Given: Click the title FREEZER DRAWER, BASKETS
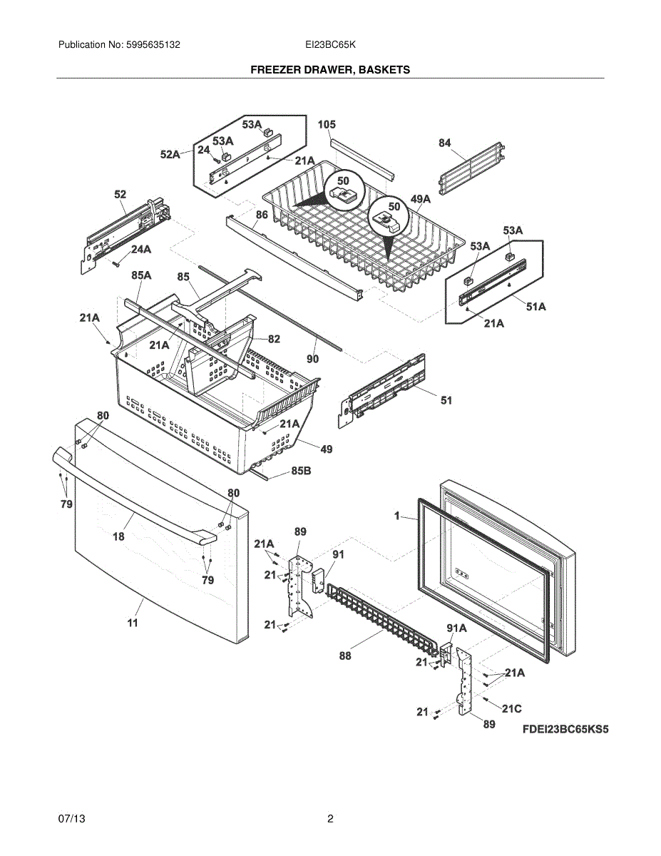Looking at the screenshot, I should (x=329, y=70).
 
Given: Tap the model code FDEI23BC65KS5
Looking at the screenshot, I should (x=565, y=730).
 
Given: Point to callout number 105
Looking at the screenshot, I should (x=326, y=125).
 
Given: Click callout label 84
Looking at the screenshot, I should (x=445, y=143).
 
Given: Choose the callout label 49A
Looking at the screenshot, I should (x=421, y=199).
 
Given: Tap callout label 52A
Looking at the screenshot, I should (x=170, y=154).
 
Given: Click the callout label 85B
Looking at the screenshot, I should (x=300, y=472).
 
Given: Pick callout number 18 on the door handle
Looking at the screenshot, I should (x=118, y=536).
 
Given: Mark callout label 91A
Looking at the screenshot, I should (x=456, y=628).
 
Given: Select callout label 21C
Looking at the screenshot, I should (x=511, y=708).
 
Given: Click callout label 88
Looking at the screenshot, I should (x=345, y=656).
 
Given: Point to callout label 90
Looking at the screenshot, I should (x=313, y=359).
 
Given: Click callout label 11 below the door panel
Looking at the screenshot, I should (x=133, y=623).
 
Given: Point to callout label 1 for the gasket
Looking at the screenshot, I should (x=396, y=515).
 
